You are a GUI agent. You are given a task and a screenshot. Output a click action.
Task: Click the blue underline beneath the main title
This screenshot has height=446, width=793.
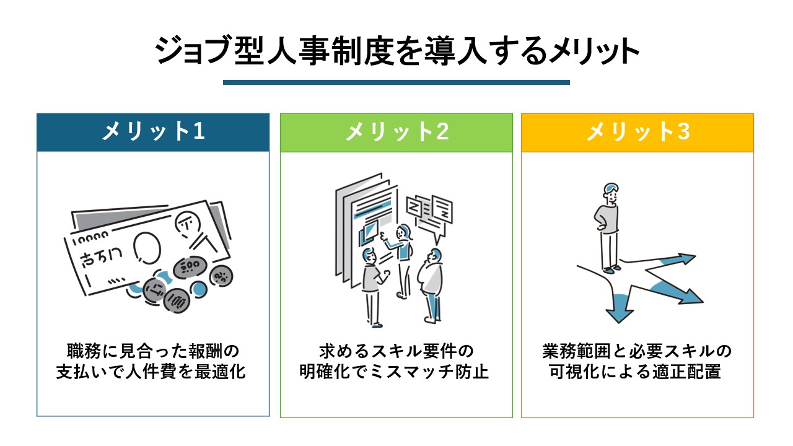[396, 82]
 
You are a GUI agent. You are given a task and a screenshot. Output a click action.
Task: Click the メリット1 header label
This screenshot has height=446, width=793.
[153, 131]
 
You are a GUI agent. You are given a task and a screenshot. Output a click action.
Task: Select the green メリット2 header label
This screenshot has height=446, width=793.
[397, 131]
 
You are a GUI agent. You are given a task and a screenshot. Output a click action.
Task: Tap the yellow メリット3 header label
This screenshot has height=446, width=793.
[638, 131]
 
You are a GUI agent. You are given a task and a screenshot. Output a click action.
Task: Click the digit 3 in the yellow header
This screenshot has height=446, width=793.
[683, 131]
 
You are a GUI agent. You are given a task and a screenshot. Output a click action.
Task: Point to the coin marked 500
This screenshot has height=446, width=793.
[190, 267]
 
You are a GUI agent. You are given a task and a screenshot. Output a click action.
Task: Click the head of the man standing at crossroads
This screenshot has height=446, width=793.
[611, 193]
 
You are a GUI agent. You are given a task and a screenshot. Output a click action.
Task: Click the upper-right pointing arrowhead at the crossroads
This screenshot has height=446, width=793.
[686, 259]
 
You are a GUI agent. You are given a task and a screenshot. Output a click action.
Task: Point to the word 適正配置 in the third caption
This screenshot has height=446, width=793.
[687, 372]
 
